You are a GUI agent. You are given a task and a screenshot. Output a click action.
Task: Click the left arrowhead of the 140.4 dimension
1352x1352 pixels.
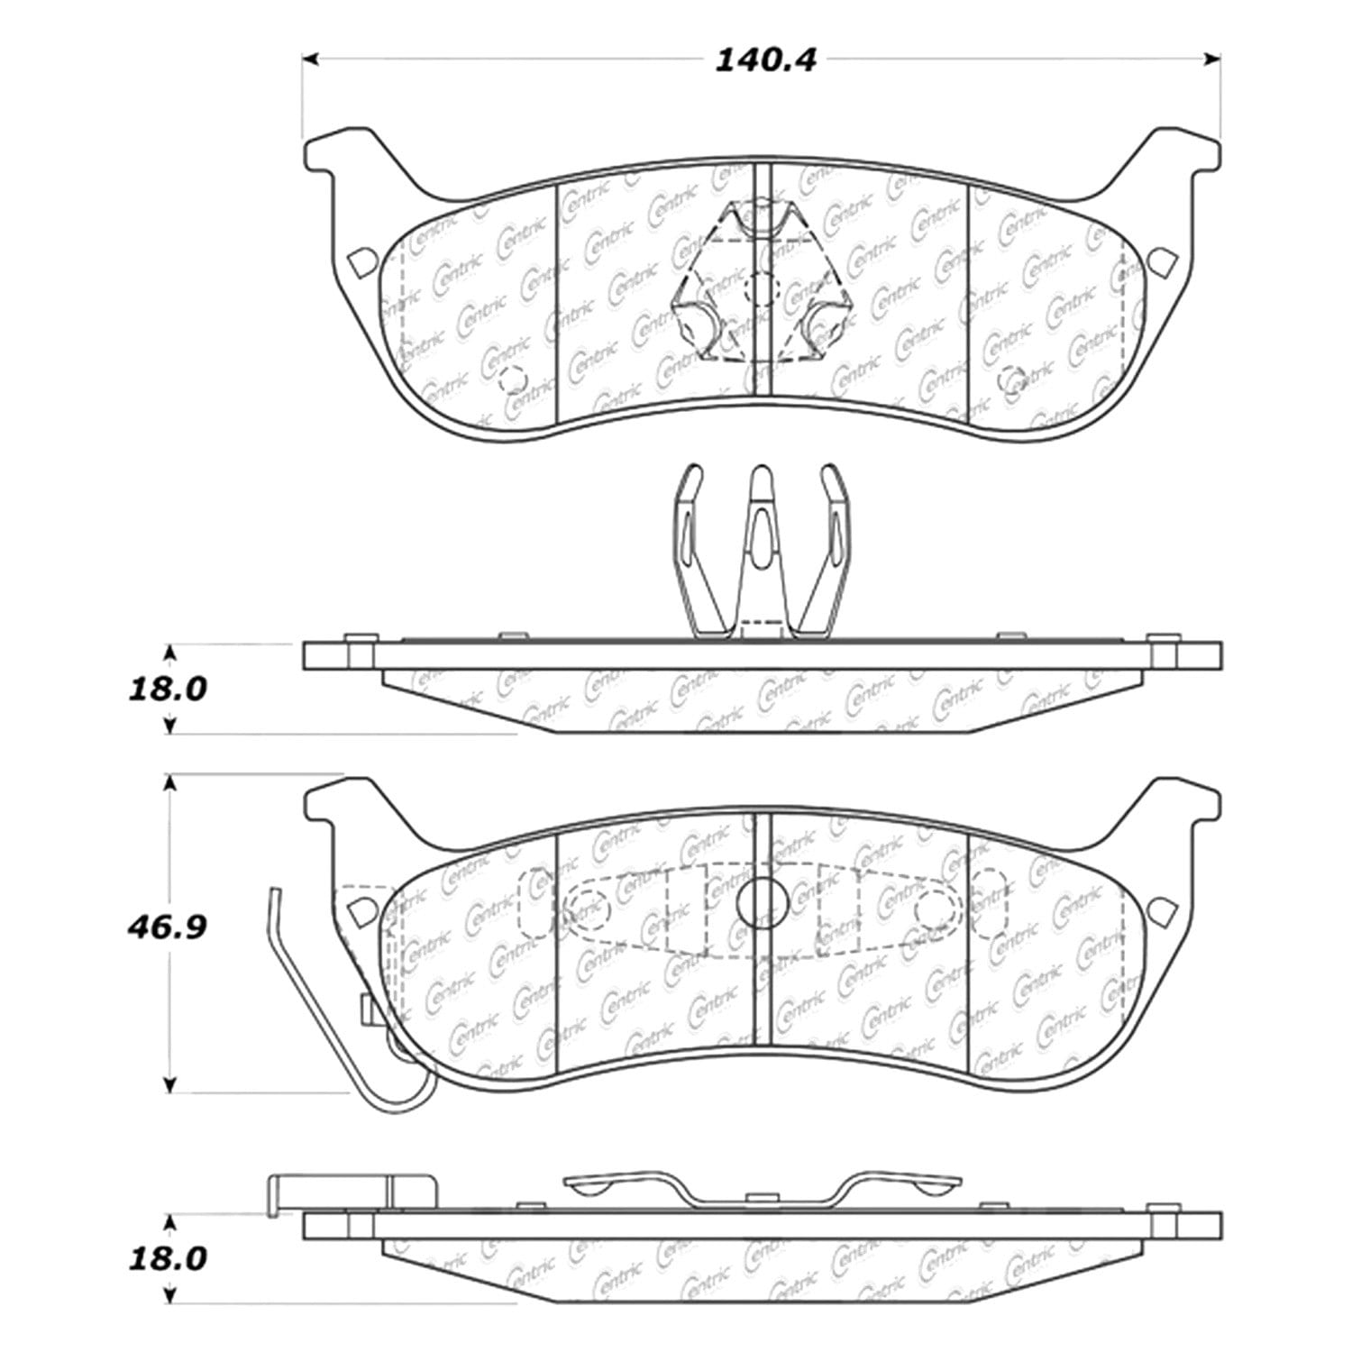(x=310, y=60)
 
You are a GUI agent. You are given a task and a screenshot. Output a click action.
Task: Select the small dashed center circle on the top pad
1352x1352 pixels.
(x=763, y=289)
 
